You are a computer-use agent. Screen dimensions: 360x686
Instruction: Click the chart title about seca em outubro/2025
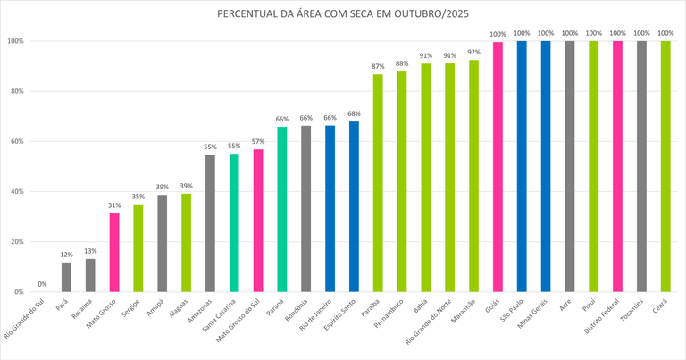point(343,15)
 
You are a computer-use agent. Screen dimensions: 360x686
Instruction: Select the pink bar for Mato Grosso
point(114,253)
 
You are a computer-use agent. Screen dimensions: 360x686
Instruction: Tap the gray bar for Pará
point(66,277)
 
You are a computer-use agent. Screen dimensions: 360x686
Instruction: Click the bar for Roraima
point(90,275)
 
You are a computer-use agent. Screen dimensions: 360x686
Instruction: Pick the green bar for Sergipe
point(138,248)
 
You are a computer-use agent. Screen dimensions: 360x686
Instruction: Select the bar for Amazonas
point(210,223)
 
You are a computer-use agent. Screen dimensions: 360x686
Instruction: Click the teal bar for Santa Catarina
point(234,223)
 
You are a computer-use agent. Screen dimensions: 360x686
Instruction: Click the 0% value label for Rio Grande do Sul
point(42,285)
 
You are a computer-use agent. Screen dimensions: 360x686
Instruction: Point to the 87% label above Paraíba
point(378,67)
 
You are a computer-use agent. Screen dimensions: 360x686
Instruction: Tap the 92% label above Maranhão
point(473,53)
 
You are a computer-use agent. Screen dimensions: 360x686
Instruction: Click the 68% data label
point(354,113)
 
